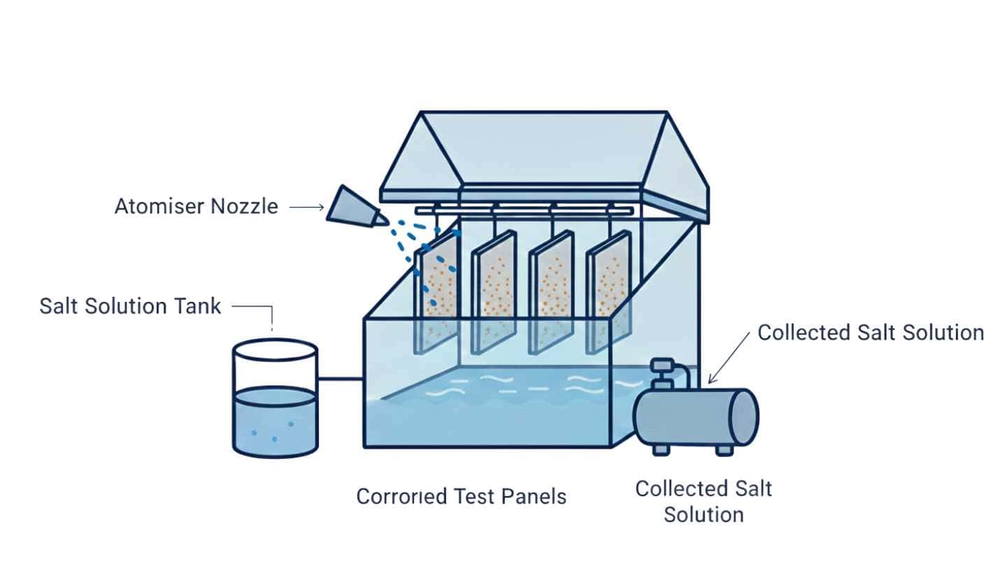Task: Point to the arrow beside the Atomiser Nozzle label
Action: click(306, 207)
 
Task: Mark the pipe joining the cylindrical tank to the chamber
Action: click(340, 379)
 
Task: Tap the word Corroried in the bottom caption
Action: click(401, 497)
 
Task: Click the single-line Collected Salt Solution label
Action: click(871, 333)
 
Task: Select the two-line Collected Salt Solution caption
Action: click(704, 501)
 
